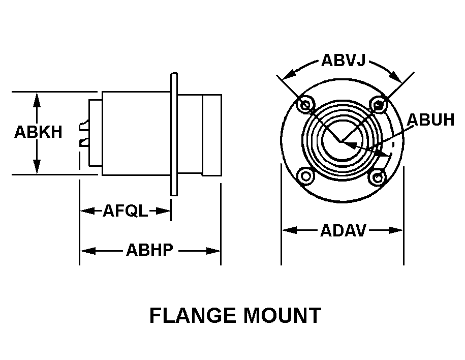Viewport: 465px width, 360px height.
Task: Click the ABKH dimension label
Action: pos(38,132)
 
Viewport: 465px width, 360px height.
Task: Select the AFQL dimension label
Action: pos(125,211)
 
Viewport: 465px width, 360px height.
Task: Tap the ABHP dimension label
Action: pos(149,250)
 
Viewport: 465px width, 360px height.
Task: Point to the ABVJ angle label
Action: pos(343,61)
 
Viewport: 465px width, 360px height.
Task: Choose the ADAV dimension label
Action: pos(343,230)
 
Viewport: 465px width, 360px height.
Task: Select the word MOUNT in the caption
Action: pos(283,315)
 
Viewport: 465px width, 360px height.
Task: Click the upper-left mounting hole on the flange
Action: pos(306,105)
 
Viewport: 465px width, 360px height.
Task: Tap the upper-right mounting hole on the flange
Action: pos(378,105)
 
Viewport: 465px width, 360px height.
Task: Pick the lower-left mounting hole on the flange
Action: pos(306,176)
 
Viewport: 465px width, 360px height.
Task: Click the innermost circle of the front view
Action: pos(342,141)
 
